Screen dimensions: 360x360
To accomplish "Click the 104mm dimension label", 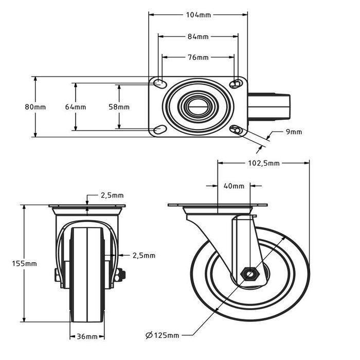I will coord(198,15).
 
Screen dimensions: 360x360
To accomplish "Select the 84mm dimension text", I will coord(198,37).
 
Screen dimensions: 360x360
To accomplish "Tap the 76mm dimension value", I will coord(198,57).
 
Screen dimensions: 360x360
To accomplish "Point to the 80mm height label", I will coord(35,107).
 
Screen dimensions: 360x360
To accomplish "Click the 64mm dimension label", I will coord(76,107).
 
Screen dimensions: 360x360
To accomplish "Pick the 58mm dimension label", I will coord(119,107).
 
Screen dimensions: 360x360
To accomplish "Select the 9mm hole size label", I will coord(294,132).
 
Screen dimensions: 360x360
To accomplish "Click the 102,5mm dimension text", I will coord(263,163).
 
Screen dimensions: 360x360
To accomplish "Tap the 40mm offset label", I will coord(234,186).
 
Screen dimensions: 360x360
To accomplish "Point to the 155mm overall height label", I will coord(24,263).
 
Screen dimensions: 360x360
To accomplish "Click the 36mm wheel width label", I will coord(87,337).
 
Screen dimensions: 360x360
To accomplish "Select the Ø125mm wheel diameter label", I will coord(162,336).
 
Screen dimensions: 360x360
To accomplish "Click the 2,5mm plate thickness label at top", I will coord(112,195).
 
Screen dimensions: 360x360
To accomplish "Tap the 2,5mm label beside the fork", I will coord(143,255).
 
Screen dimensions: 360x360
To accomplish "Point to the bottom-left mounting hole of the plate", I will coord(159,130).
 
